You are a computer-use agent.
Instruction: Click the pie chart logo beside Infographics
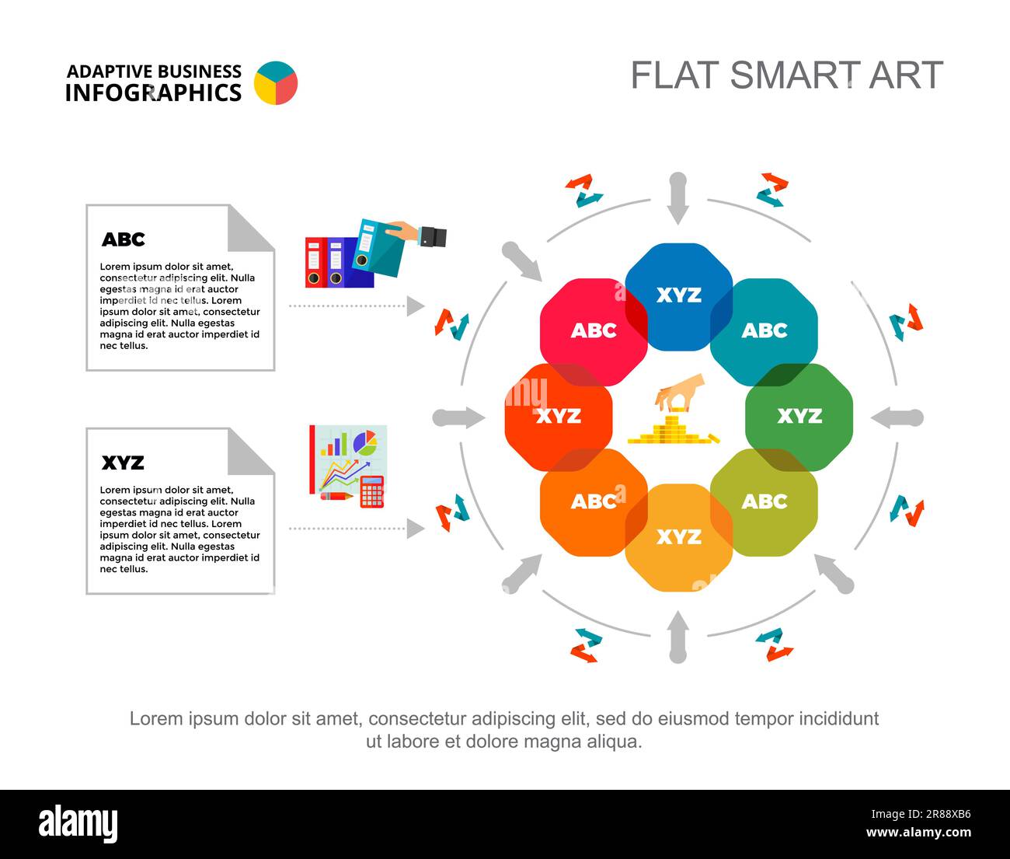276,83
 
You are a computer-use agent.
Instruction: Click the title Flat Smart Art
787,75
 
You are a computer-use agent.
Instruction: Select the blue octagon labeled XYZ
679,297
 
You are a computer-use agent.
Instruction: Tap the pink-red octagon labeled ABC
594,332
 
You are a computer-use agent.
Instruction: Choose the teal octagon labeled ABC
764,332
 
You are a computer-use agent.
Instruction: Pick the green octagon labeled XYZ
799,417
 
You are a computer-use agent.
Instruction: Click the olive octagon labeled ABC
764,502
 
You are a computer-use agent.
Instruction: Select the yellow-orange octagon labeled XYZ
679,537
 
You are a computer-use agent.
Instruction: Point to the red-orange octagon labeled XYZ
559,417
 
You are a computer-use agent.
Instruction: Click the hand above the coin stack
680,392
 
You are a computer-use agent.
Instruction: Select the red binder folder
315,263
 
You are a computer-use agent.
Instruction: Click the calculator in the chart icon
372,492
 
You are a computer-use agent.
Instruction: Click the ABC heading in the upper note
123,239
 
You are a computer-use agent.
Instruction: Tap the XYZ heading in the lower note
123,463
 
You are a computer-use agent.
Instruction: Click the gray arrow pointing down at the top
677,198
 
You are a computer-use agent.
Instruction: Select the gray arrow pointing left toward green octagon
897,418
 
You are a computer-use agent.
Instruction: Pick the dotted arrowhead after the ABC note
416,306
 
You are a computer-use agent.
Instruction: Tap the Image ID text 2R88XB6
921,814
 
